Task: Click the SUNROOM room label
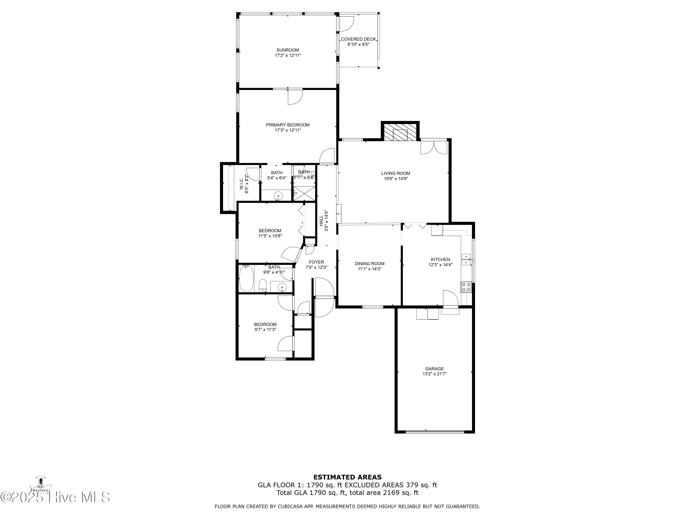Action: click(x=287, y=50)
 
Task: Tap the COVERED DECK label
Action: click(x=358, y=39)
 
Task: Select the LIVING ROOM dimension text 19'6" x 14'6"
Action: click(x=396, y=179)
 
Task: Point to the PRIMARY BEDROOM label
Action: click(x=287, y=125)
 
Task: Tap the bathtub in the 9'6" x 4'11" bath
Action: click(x=246, y=279)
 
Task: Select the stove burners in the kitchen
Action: click(x=466, y=287)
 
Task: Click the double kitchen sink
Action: click(x=466, y=259)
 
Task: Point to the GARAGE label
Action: click(x=435, y=369)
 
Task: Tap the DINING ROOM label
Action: click(x=370, y=264)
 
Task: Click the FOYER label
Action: click(x=316, y=262)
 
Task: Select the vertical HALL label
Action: click(x=321, y=220)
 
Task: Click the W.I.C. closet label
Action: click(x=241, y=184)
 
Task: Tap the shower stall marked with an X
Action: click(x=304, y=193)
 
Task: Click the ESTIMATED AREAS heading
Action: click(x=347, y=477)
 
